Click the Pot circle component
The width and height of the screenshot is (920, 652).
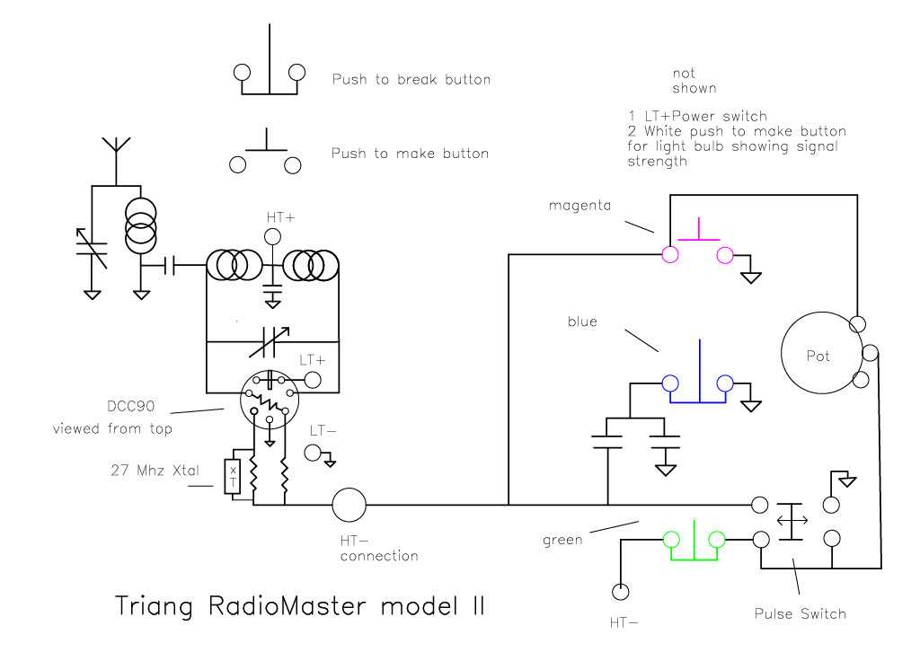[818, 356]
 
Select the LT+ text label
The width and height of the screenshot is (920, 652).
[313, 358]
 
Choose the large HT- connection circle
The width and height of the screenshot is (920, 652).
[349, 505]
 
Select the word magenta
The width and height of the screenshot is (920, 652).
[579, 206]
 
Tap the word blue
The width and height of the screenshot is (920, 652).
[581, 322]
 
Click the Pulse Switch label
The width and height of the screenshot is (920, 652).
[800, 614]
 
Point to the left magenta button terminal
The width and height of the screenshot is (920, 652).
[669, 255]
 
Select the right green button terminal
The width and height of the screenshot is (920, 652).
[717, 540]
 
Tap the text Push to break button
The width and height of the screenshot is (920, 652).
[411, 79]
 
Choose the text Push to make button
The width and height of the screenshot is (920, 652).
[411, 154]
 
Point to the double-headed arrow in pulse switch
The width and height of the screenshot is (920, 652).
[791, 519]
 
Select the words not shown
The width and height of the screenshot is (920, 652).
[694, 80]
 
